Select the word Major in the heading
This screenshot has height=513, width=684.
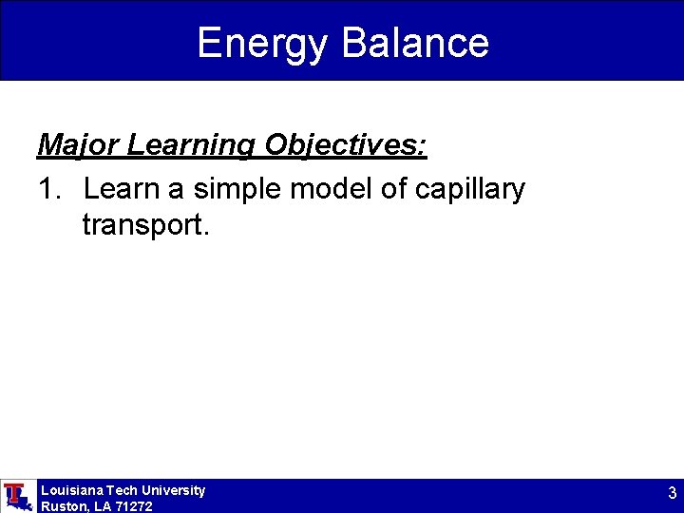click(x=78, y=145)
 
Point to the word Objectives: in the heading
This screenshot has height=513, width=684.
click(x=346, y=145)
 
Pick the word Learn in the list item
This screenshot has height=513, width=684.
click(x=121, y=189)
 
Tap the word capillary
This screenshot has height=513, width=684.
click(x=469, y=190)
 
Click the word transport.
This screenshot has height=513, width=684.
click(x=142, y=226)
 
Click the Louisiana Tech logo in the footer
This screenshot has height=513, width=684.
click(x=17, y=496)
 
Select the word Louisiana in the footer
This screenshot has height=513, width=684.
click(x=72, y=490)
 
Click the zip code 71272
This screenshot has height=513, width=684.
click(x=134, y=506)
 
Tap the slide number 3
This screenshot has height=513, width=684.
click(x=672, y=493)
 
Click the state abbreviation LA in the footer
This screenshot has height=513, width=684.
click(x=103, y=506)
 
